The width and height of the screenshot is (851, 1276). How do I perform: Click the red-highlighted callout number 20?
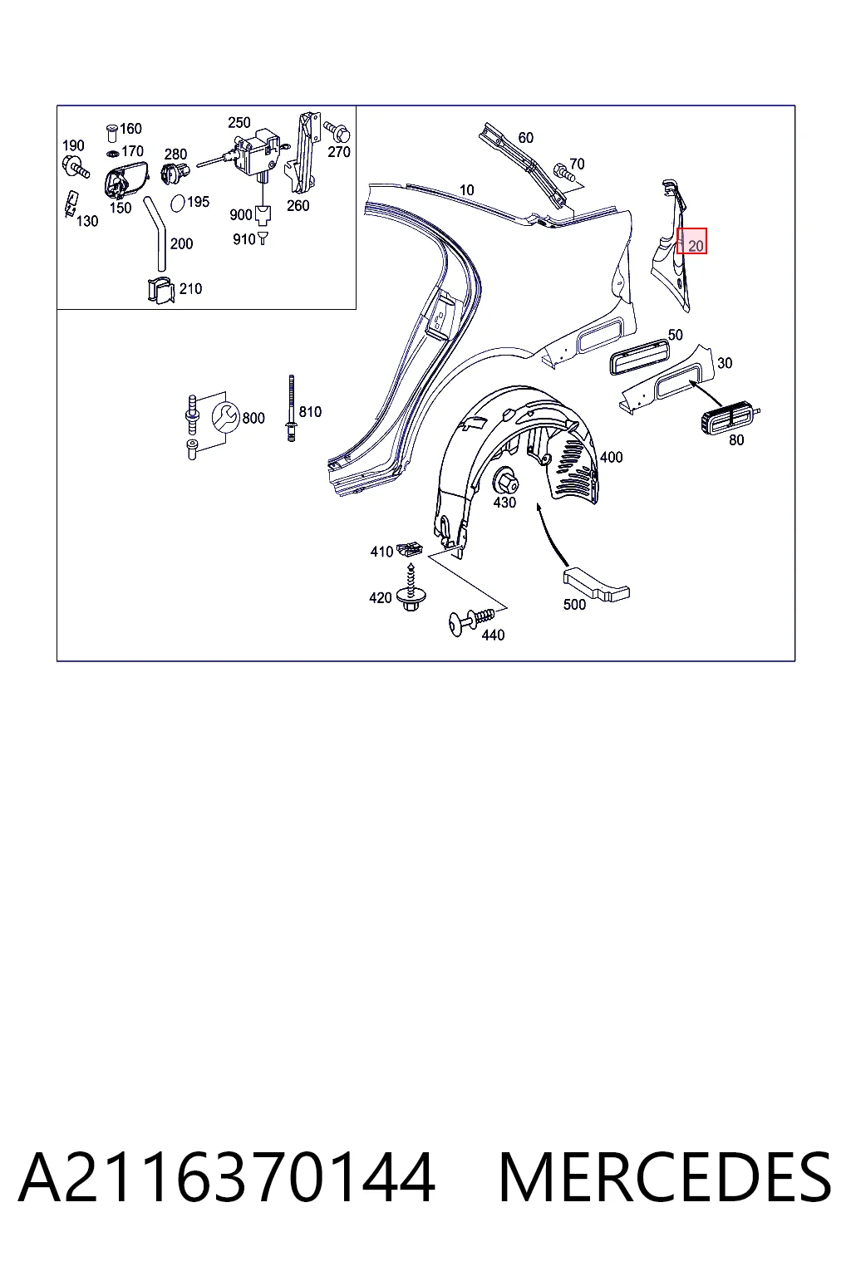pos(696,246)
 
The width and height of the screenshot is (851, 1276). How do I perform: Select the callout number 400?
pos(611,457)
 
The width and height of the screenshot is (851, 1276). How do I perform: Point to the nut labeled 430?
pos(505,480)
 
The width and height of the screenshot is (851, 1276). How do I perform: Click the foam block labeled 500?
pos(596,584)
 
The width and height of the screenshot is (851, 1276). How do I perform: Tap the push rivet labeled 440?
pos(471,620)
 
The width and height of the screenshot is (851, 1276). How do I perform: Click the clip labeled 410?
pos(410,550)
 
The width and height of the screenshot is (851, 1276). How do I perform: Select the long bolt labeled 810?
pos(291,408)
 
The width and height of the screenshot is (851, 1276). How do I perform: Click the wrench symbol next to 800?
pos(226,417)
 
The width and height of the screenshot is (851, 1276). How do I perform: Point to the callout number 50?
pos(675,335)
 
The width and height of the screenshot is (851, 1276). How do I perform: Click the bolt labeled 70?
pos(561,171)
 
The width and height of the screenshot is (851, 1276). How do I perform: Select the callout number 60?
pos(525,137)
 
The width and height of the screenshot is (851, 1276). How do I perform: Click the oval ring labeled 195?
pos(178,203)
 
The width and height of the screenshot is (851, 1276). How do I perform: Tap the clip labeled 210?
pos(161,290)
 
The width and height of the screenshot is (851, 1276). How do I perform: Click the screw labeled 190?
pos(76,166)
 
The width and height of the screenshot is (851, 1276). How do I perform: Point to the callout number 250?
pos(239,122)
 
